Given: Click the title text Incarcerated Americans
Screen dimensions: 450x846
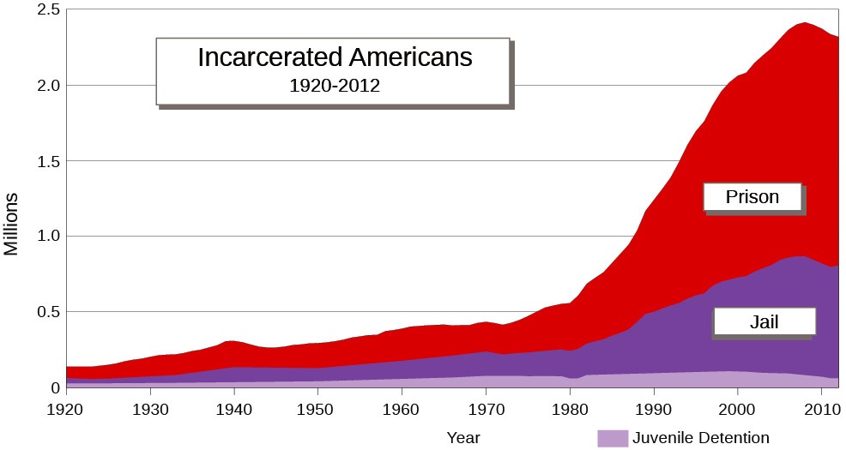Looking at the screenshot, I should pyautogui.click(x=335, y=57).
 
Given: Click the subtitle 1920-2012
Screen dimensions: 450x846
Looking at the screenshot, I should pyautogui.click(x=335, y=86).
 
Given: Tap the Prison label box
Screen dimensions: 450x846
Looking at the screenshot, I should pyautogui.click(x=752, y=197).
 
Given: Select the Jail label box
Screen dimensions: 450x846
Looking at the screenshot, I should pyautogui.click(x=764, y=322).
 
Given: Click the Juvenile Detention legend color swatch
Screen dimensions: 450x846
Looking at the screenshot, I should pyautogui.click(x=613, y=438).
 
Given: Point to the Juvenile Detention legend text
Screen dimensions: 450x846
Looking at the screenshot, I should pyautogui.click(x=700, y=438).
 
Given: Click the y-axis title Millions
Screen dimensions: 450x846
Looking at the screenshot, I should pyautogui.click(x=11, y=225).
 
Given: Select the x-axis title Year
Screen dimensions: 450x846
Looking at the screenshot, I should pyautogui.click(x=463, y=438).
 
